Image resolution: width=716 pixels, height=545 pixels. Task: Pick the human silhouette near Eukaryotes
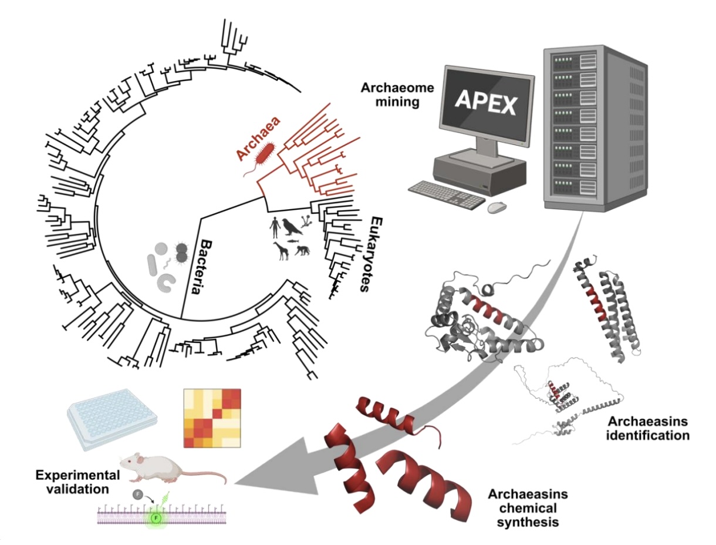tap(274, 227)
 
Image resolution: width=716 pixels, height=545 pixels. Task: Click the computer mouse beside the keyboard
tap(497, 207)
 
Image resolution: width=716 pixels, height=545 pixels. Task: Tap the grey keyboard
tap(446, 194)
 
